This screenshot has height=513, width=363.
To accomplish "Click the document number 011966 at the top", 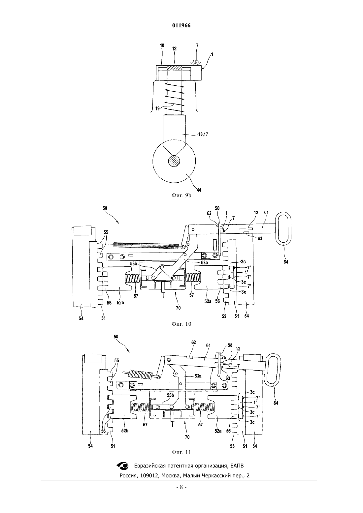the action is pyautogui.click(x=181, y=26).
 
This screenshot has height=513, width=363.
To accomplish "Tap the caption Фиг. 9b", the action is pyautogui.click(x=181, y=196).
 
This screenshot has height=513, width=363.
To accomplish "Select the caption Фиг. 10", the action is pyautogui.click(x=181, y=324).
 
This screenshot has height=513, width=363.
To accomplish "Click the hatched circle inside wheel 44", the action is pyautogui.click(x=174, y=162).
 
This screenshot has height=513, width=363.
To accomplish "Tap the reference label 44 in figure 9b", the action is pyautogui.click(x=199, y=190).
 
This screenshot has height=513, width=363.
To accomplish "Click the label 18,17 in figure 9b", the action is pyautogui.click(x=203, y=134).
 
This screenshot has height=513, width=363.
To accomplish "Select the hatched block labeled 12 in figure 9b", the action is pyautogui.click(x=174, y=68).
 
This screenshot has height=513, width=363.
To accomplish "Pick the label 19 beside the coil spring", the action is pyautogui.click(x=157, y=108).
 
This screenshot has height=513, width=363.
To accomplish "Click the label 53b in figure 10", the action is pyautogui.click(x=134, y=264).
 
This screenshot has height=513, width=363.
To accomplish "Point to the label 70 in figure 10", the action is pyautogui.click(x=178, y=308).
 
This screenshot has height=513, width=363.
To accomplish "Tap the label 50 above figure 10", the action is pyautogui.click(x=105, y=208).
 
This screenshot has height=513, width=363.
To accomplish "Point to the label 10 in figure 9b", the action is pyautogui.click(x=162, y=45).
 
